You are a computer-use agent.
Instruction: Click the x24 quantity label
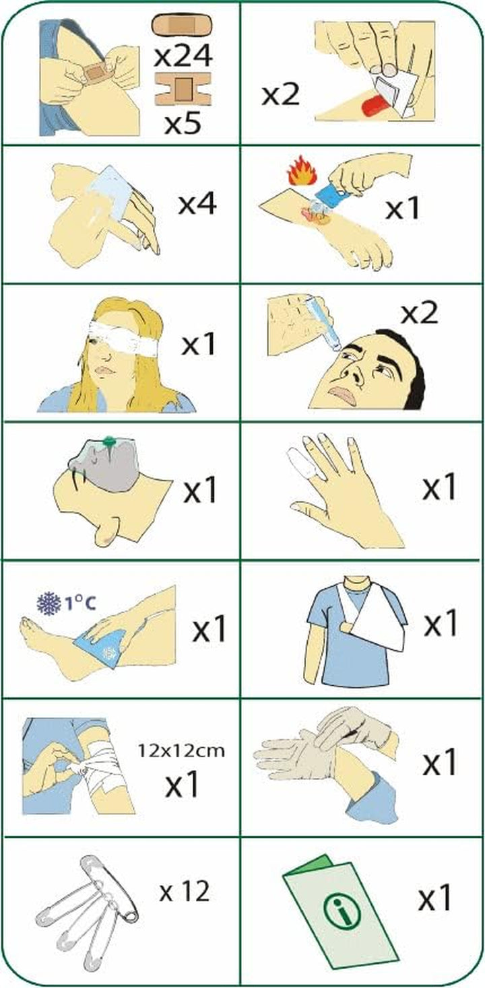point(183,56)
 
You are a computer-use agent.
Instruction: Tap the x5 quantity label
point(183,124)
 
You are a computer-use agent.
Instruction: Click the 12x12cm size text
point(181,750)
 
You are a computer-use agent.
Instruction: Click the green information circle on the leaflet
point(342,903)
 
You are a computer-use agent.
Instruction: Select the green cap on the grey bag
point(108,442)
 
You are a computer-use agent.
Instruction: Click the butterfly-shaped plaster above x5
point(183,89)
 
